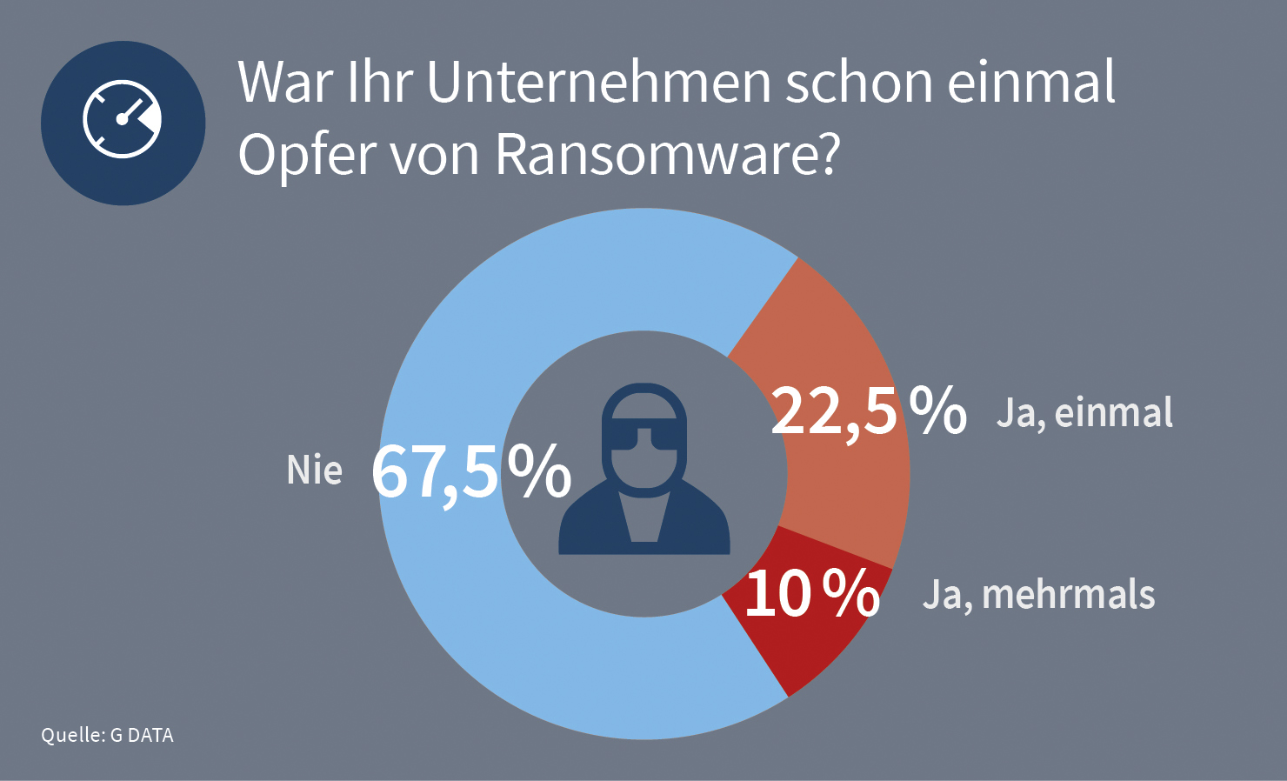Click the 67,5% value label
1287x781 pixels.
tap(470, 471)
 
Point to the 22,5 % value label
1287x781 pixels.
tap(868, 411)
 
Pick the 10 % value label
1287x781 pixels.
tap(811, 594)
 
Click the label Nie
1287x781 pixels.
tap(314, 471)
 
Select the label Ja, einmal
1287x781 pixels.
tap(1084, 412)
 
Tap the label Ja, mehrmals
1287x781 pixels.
tap(1038, 595)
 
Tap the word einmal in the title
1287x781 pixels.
tap(1030, 82)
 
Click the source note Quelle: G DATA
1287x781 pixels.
tap(107, 735)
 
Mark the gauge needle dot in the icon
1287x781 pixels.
tap(122, 120)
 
